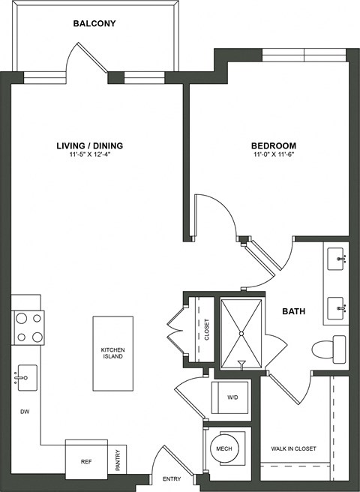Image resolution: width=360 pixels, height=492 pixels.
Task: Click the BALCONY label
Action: coord(94,25)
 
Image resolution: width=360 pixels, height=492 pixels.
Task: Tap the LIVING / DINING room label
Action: coord(89,145)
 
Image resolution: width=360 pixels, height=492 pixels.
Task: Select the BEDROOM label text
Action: coord(272,145)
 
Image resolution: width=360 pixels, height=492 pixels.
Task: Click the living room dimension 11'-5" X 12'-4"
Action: coord(89,154)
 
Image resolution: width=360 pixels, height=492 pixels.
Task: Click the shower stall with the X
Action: coord(242,332)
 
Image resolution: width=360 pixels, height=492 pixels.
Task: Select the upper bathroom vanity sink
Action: coord(337,259)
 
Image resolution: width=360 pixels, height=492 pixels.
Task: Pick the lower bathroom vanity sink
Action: coord(337,307)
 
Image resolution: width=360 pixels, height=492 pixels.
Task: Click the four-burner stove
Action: coord(27,327)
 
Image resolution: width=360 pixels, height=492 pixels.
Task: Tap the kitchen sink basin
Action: coord(26,376)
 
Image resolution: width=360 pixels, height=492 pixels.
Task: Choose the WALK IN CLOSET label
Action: coord(293,448)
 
